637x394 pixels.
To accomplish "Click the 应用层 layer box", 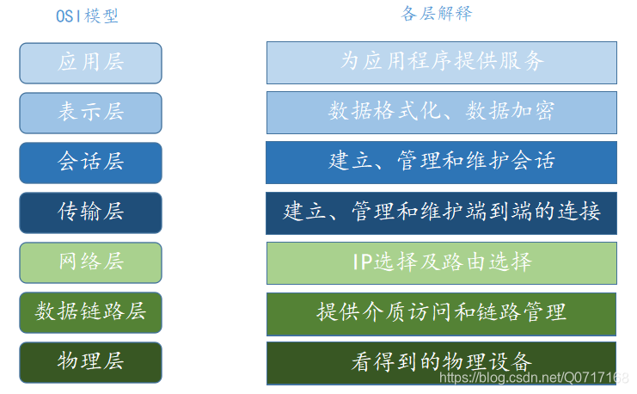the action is point(90,63).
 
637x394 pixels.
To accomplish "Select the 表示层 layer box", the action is point(90,113).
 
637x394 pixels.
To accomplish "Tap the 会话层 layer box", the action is point(90,163).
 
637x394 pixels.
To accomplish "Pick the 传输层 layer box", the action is point(90,212).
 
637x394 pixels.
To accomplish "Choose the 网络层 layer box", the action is point(90,262).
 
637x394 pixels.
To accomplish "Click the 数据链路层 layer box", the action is point(90,312).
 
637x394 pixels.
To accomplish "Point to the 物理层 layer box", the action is point(90,362).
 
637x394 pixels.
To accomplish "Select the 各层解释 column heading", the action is point(437,14).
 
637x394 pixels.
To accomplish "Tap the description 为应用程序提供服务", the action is point(442,62).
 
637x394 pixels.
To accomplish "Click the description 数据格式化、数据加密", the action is point(442,112).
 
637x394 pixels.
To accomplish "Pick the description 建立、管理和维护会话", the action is point(442,162).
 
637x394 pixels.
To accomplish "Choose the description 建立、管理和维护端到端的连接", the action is point(442,212).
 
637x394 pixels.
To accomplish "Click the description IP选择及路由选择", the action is point(442,262).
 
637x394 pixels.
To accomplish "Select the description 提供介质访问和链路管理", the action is point(442,312).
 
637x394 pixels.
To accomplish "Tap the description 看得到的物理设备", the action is point(442,362).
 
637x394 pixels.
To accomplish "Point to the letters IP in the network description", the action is point(362,262).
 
